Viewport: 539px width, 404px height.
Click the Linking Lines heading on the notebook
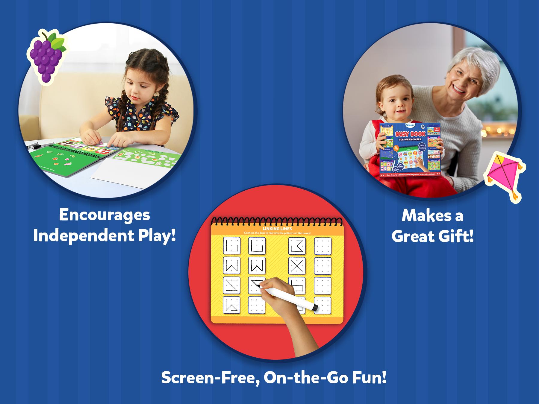coord(277,229)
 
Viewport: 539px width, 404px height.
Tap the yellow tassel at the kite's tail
coord(514,196)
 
